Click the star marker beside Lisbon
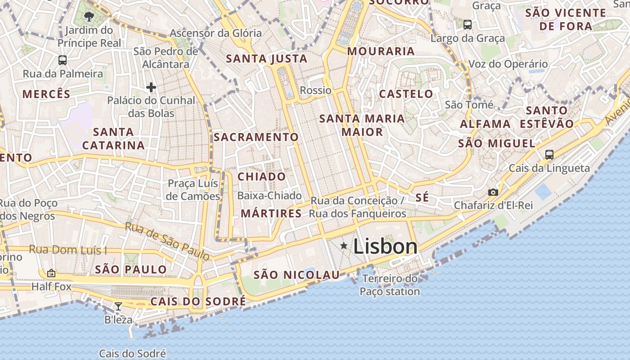point(344,246)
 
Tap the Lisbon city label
point(385,247)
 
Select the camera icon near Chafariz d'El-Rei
point(493,192)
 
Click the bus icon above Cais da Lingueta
point(549,155)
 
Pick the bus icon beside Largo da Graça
point(468,24)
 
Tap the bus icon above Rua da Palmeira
point(63,60)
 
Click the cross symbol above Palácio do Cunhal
point(151,87)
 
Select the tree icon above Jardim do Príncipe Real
point(89,17)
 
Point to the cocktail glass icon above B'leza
point(118,306)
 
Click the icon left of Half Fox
point(51,273)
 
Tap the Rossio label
point(315,90)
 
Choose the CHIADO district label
point(261,177)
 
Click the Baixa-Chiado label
point(269,196)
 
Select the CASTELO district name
point(406,94)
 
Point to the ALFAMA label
point(485,124)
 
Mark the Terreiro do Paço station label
point(390,285)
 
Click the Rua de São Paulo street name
point(167,241)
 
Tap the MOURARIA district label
point(381,51)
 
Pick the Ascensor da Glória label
point(216,33)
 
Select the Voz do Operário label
point(508,64)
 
